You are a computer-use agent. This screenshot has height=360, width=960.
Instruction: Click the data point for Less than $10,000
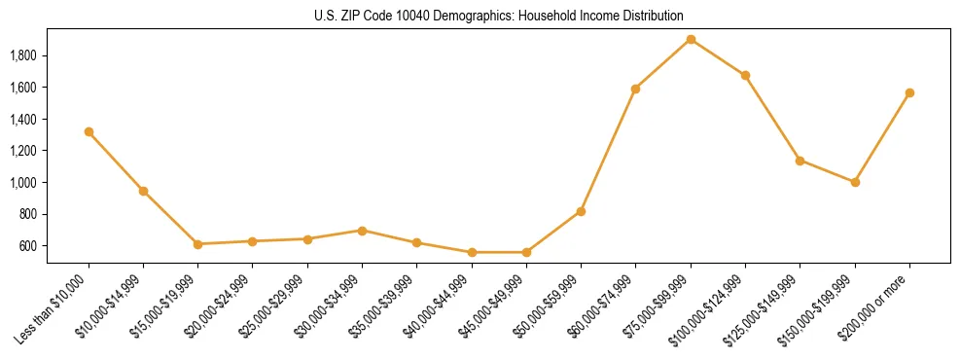pyautogui.click(x=89, y=131)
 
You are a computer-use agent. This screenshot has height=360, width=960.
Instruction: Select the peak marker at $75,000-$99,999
pyautogui.click(x=691, y=39)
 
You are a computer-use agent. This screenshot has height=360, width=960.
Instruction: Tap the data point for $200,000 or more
pyautogui.click(x=909, y=92)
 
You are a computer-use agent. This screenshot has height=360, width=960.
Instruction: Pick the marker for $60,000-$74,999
pyautogui.click(x=635, y=89)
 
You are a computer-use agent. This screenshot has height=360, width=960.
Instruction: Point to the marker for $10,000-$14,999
pyautogui.click(x=143, y=191)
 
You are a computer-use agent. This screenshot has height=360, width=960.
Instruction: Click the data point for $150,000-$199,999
pyautogui.click(x=855, y=182)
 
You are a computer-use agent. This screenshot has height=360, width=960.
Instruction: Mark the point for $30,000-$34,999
pyautogui.click(x=362, y=231)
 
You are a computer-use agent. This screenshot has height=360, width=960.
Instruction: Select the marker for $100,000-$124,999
pyautogui.click(x=745, y=75)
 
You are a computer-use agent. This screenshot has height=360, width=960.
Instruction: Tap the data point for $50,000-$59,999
pyautogui.click(x=581, y=211)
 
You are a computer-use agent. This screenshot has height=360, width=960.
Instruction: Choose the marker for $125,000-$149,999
pyautogui.click(x=800, y=160)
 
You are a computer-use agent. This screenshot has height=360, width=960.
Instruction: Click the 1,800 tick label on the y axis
pyautogui.click(x=23, y=55)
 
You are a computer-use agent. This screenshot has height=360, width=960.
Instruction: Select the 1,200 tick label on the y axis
pyautogui.click(x=23, y=151)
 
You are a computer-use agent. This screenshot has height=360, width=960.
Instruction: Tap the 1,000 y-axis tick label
pyautogui.click(x=23, y=183)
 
